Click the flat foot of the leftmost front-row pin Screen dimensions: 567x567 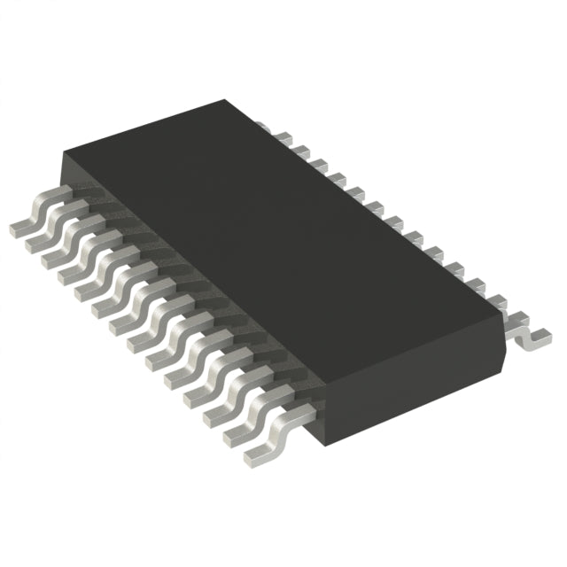[x=19, y=228]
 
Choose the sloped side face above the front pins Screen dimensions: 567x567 [x=177, y=292]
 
